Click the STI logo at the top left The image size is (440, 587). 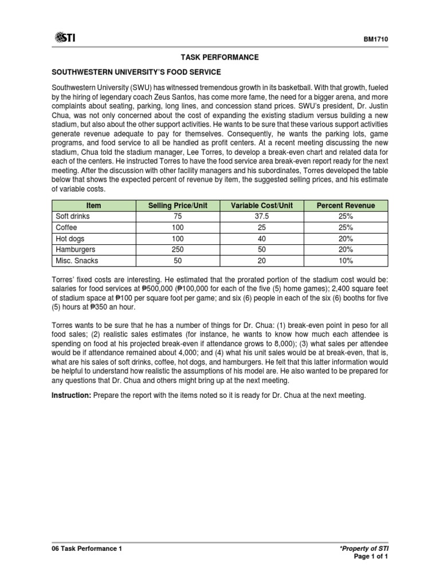(65, 38)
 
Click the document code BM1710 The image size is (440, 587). (376, 39)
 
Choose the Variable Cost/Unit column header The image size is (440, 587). (262, 205)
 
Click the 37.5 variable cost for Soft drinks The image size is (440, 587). (262, 216)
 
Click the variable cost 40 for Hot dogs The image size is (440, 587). (262, 238)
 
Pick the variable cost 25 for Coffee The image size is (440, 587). (262, 227)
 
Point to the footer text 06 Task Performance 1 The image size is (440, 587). (87, 548)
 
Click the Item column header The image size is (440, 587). (93, 205)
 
